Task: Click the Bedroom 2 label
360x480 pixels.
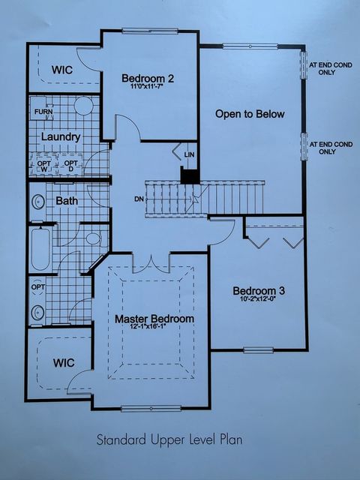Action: click(149, 77)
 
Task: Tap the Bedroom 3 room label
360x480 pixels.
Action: click(259, 291)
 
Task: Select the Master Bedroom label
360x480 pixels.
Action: click(154, 319)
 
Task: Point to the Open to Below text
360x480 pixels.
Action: click(250, 114)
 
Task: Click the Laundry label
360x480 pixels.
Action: click(61, 137)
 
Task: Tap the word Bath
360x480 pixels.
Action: click(67, 201)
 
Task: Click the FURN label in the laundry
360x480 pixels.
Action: click(43, 112)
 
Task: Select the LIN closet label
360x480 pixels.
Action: click(189, 154)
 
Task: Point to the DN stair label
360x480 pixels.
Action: click(139, 199)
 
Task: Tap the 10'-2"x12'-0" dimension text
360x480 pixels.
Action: click(259, 301)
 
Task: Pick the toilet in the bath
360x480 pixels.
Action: click(92, 239)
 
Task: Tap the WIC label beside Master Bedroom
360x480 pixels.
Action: click(63, 362)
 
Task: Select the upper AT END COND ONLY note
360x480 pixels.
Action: click(331, 68)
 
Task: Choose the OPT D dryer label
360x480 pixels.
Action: click(70, 166)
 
